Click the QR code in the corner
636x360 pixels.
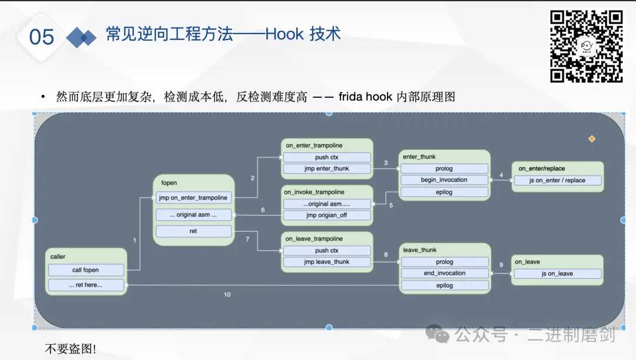coord(586,46)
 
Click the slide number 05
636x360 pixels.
coord(42,37)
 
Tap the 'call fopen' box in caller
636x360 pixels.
coord(86,270)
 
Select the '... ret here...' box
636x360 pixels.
coord(86,285)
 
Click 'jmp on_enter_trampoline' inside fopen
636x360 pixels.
coord(194,198)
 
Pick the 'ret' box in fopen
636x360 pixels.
coord(194,231)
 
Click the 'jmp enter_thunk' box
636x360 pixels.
coord(327,169)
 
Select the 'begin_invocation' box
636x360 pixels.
coord(445,180)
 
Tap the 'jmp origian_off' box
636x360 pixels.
coord(327,215)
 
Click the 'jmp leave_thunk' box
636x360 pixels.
coord(327,262)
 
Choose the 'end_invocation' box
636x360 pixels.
coord(445,273)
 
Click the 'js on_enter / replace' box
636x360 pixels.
coord(558,180)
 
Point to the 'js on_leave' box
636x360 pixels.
coord(557,273)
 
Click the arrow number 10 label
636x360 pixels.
coord(227,294)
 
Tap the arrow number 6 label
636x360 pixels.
coord(263,210)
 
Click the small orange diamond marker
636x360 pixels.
coord(592,139)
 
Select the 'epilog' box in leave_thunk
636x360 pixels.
coord(445,285)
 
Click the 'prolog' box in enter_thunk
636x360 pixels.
coord(445,169)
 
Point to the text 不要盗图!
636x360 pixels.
coord(71,348)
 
